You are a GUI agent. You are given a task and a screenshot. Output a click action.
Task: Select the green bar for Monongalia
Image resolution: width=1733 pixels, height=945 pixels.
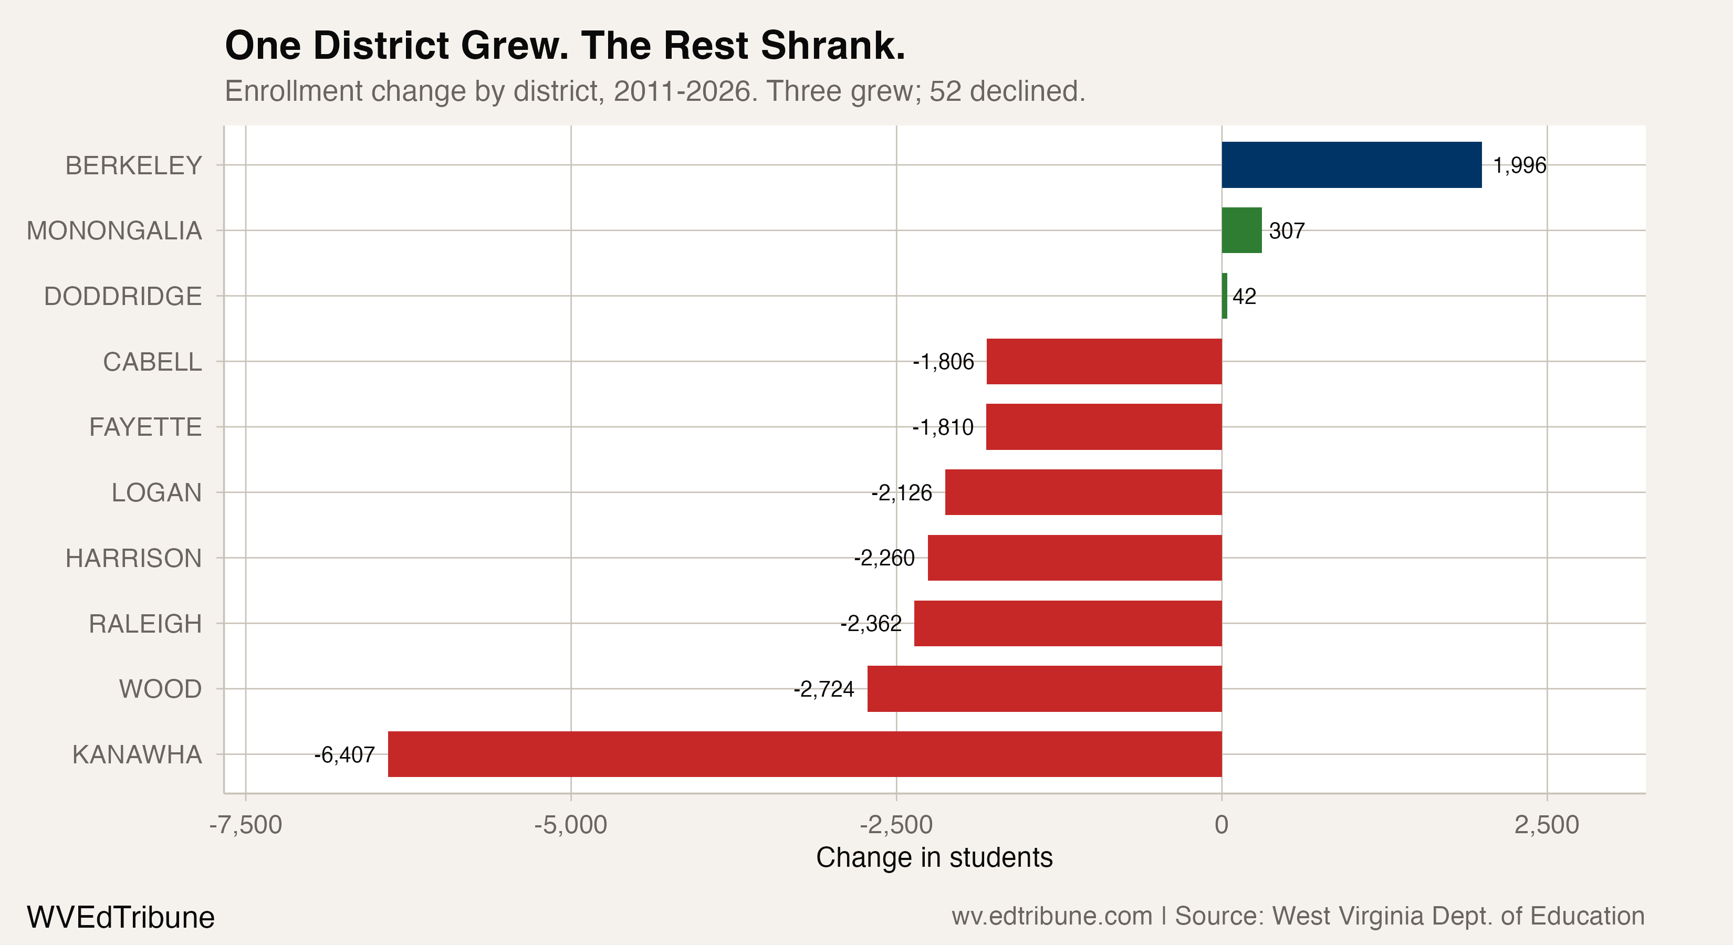1241,230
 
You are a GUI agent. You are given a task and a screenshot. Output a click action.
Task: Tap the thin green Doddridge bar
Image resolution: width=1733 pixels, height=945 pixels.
1225,296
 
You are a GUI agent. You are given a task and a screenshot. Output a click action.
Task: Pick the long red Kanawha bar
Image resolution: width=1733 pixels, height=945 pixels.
804,754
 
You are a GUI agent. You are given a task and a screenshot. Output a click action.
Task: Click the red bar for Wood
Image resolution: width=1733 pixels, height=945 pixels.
1044,689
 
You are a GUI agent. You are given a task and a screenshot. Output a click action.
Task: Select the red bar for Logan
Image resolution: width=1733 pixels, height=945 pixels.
1083,492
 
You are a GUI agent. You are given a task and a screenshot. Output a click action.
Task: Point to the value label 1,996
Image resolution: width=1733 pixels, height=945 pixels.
1519,165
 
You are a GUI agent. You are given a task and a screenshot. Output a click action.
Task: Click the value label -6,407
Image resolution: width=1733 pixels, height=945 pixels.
344,754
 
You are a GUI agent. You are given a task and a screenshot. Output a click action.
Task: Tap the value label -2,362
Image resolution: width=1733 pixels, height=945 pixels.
871,624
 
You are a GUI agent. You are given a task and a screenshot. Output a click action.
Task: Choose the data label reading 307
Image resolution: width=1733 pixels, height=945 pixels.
1286,230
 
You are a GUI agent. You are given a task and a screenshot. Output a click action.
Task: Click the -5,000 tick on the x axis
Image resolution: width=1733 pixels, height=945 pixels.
570,825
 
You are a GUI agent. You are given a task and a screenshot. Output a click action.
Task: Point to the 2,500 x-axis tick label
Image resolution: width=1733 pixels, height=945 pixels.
1547,825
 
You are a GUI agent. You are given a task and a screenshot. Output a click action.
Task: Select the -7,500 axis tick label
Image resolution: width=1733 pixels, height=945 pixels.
246,825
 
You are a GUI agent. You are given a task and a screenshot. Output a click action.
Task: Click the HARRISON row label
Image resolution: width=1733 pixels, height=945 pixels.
133,558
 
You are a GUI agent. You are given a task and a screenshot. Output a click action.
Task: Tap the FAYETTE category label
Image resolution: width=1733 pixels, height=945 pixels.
145,427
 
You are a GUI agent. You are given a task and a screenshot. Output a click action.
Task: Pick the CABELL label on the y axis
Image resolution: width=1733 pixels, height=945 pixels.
152,362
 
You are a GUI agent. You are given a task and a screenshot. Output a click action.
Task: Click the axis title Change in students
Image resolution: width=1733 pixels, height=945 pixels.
934,857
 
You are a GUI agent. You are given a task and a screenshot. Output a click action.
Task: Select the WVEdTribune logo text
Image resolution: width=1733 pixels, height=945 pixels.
120,917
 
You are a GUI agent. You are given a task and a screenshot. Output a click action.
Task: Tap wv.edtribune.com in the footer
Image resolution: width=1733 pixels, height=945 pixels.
1051,916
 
